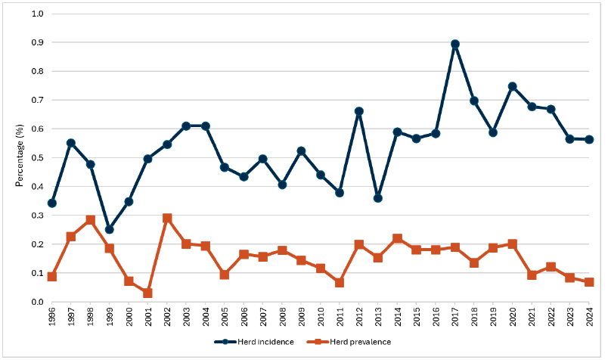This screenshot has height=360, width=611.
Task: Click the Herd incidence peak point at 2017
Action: pyautogui.click(x=455, y=44)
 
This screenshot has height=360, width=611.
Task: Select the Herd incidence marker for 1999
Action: pyautogui.click(x=110, y=229)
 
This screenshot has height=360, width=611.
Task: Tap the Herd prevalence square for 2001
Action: pyautogui.click(x=147, y=293)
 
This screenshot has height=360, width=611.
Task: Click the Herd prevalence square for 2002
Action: pyautogui.click(x=167, y=219)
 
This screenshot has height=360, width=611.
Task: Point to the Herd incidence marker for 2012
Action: pyautogui.click(x=359, y=111)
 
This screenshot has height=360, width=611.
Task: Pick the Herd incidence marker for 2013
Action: pyautogui.click(x=378, y=198)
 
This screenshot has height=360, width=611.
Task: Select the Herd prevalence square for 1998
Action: pyautogui.click(x=90, y=220)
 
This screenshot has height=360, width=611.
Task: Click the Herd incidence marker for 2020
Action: pyautogui.click(x=513, y=86)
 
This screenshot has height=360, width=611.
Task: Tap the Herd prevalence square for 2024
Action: pyautogui.click(x=589, y=282)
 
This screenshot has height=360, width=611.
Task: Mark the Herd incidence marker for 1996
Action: pyautogui.click(x=51, y=203)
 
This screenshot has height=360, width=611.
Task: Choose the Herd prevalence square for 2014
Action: pyautogui.click(x=397, y=239)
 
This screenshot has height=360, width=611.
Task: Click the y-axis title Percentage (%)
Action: pyautogui.click(x=18, y=157)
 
